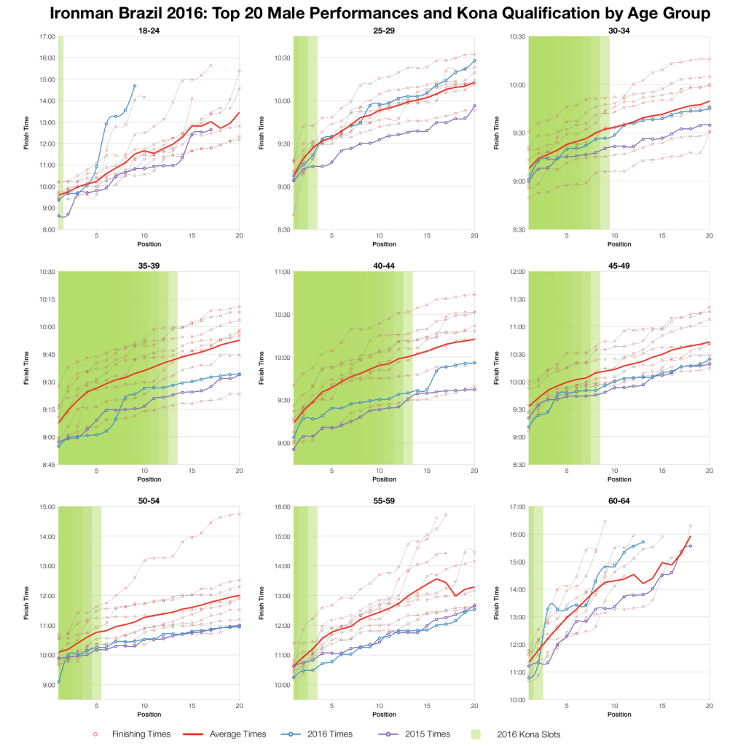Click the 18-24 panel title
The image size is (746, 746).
pos(149,31)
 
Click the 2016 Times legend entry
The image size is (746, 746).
pos(330,734)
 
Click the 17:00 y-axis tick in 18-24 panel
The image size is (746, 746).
pos(47,36)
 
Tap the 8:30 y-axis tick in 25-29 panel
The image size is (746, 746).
pos(282,229)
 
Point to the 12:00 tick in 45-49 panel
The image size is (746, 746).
pos(517,272)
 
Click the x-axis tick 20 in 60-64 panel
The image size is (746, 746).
pos(710,706)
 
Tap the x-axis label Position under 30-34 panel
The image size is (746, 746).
pos(619,245)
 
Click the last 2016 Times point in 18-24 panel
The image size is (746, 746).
pos(135,86)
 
